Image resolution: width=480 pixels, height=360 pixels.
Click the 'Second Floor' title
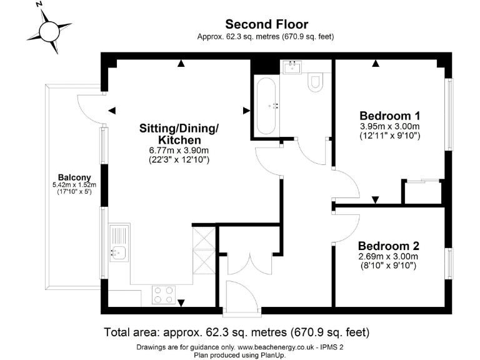[266, 24]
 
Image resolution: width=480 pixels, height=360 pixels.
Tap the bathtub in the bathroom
[266, 106]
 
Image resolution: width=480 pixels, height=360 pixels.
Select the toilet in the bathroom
[316, 82]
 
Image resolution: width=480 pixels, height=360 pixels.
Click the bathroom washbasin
[292, 66]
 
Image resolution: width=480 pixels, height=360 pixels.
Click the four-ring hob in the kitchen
[164, 294]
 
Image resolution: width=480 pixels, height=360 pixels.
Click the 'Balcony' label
[71, 176]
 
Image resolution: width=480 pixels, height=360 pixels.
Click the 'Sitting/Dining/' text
[179, 128]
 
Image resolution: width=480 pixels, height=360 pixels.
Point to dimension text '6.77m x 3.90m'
[179, 151]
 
